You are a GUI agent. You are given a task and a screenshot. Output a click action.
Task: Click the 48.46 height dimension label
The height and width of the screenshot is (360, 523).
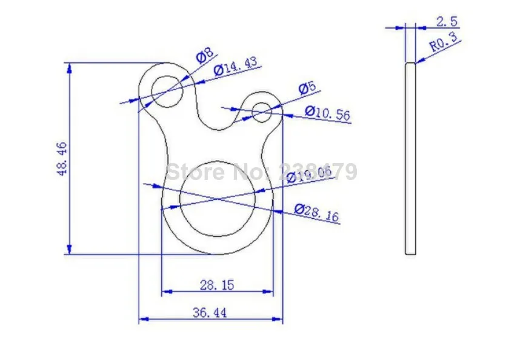pos(62,159)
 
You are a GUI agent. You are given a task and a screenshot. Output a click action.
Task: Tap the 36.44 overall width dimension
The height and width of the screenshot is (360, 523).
pos(210,313)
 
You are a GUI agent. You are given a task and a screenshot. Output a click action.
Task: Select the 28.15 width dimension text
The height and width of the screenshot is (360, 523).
pos(217,285)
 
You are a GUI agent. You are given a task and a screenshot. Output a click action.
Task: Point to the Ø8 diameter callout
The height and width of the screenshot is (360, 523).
pos(205,55)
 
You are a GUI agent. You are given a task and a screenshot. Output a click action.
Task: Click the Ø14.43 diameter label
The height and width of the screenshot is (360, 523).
pos(236,65)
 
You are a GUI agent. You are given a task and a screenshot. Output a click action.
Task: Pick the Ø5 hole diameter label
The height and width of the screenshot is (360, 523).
pos(307,88)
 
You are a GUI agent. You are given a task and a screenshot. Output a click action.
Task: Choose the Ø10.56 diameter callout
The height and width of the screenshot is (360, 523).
pos(327,113)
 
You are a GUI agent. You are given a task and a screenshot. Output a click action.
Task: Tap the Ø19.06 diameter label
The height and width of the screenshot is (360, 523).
pos(309,175)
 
